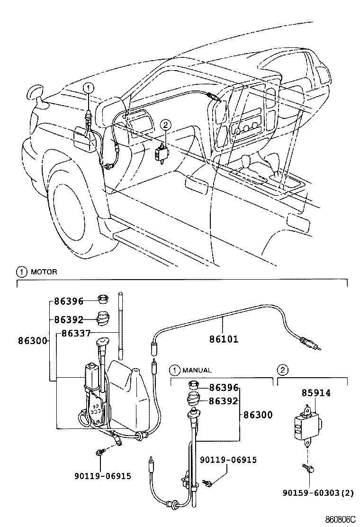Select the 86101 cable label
pos(224,339)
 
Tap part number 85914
pos(316,393)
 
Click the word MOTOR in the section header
pos(44,272)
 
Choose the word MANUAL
pos(198,370)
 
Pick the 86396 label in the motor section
pos(69,301)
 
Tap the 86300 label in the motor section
pos(33,340)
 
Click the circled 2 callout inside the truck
pos(165,125)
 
